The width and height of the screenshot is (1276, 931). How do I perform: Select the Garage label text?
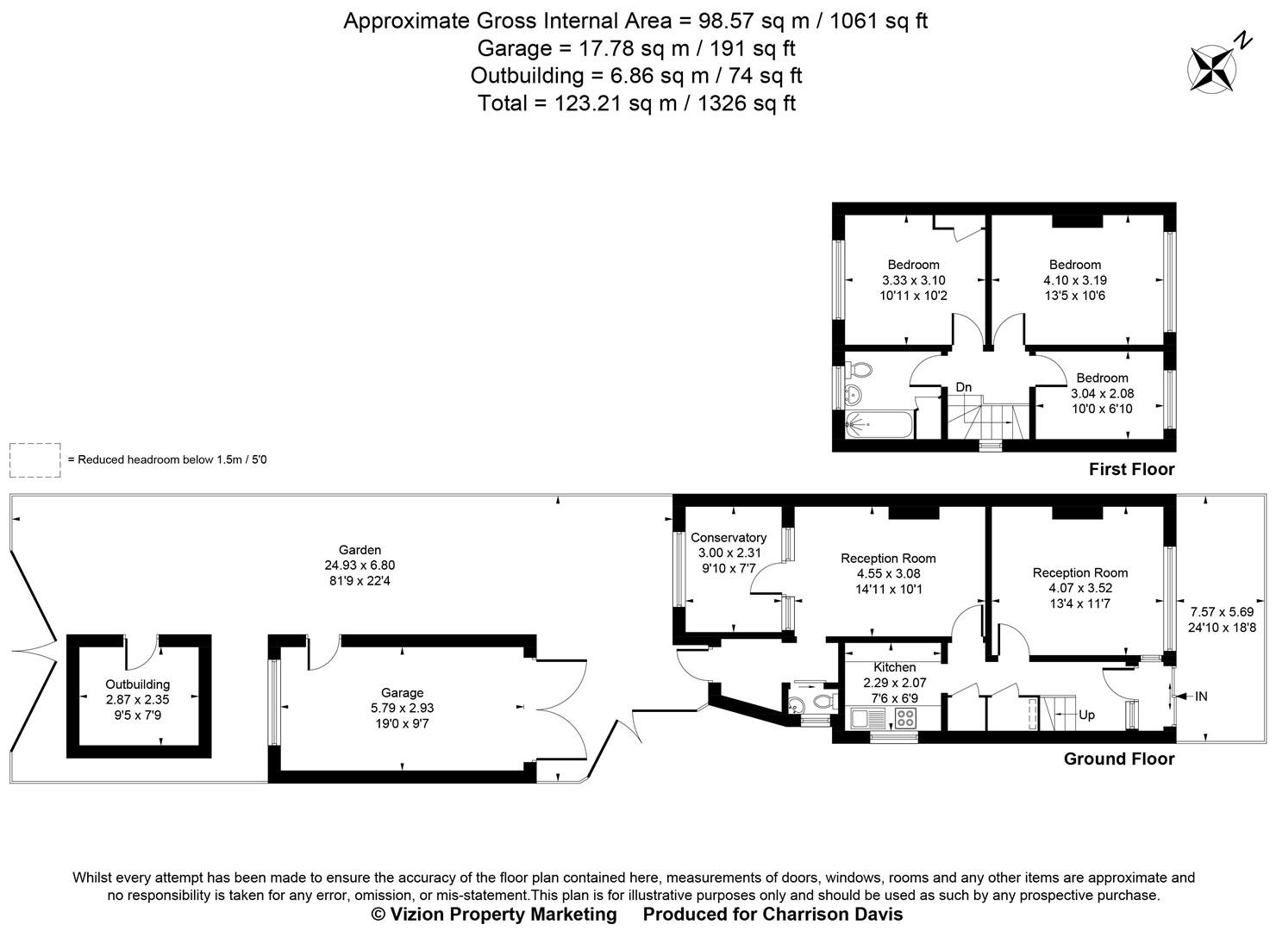[403, 692]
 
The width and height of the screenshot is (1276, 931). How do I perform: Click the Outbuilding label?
[138, 684]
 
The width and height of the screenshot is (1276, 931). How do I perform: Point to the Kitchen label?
[894, 667]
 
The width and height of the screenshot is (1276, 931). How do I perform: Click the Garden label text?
[360, 550]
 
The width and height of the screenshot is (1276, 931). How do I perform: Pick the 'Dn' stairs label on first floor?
[963, 388]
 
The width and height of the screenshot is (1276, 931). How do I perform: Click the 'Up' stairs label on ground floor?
[1086, 715]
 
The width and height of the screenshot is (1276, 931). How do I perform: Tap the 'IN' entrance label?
[1201, 696]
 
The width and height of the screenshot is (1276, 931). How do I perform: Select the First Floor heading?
[1131, 470]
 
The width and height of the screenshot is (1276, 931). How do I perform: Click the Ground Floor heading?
[1118, 759]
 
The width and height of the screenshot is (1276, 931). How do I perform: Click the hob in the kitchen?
[905, 718]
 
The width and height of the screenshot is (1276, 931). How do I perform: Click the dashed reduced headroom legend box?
[35, 459]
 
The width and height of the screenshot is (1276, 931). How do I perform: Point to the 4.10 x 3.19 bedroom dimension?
[1074, 280]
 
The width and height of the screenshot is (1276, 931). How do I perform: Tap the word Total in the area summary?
[502, 103]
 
